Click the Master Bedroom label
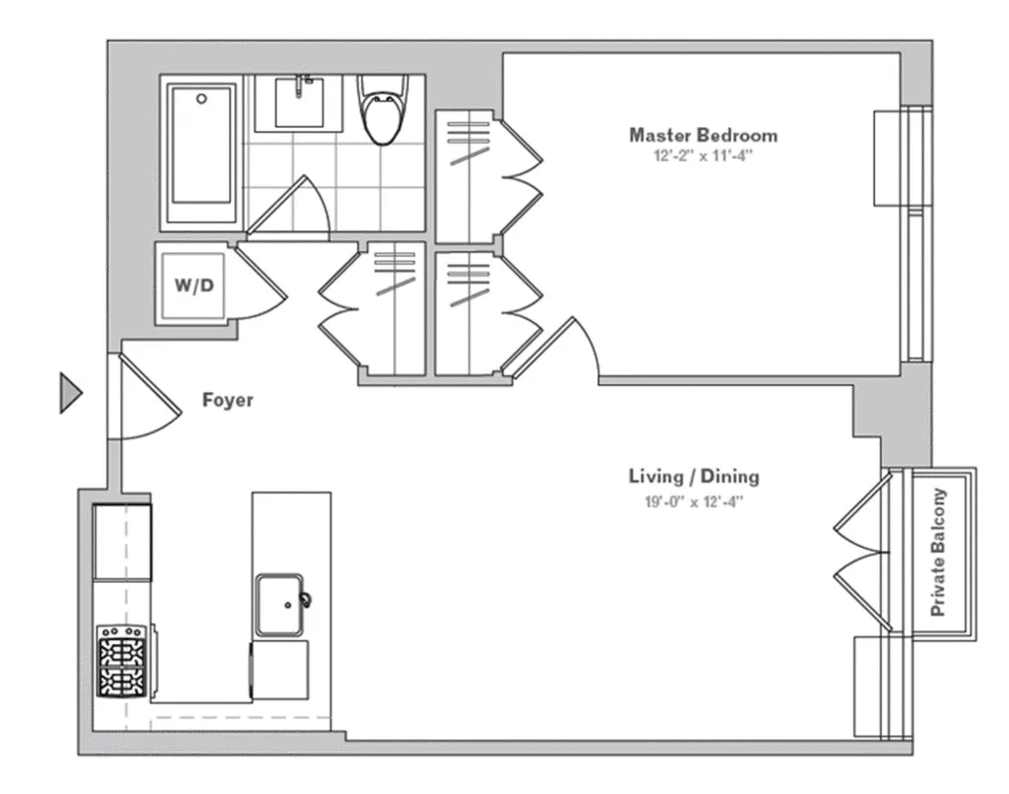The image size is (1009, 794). point(702,135)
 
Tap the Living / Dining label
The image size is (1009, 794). point(694,476)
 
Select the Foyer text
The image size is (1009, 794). point(227,401)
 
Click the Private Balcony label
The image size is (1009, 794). point(938,553)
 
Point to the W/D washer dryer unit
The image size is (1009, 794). point(195,286)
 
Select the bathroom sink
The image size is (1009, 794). point(299,102)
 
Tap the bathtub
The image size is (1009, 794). point(201,154)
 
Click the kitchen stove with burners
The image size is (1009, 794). point(122,660)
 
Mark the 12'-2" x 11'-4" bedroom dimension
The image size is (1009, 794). point(702,156)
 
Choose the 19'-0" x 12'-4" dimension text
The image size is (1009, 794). point(694,501)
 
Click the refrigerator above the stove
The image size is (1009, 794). point(122,542)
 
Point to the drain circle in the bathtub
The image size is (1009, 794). point(201,99)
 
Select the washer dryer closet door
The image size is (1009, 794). point(260,285)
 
